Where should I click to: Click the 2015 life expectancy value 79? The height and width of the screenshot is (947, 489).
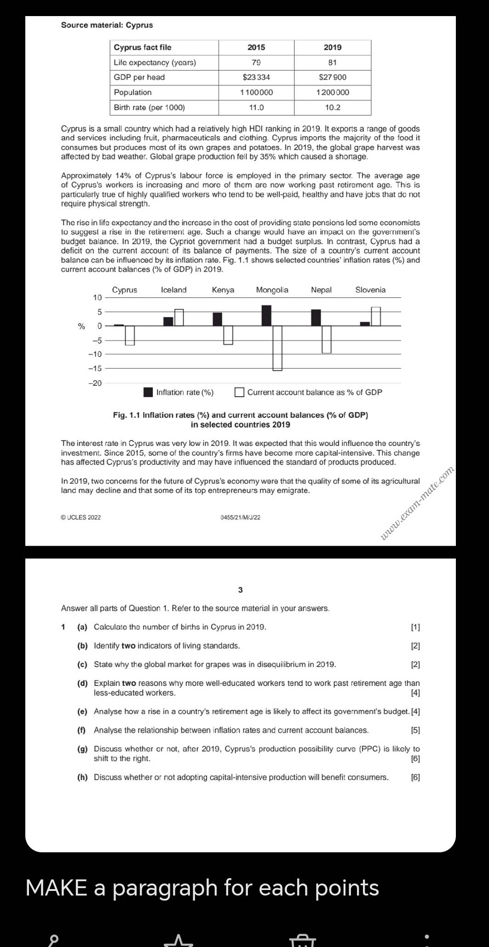256,63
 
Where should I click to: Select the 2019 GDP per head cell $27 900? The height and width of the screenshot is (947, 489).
333,77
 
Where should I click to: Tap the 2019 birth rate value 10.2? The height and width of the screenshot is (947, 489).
333,108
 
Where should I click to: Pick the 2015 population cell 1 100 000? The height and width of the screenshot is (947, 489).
256,92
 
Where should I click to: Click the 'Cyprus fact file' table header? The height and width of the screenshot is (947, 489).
143,47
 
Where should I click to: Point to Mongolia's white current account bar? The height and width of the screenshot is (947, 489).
277,348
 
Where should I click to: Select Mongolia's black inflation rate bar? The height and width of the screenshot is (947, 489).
266,315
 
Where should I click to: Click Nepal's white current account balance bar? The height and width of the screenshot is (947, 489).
327,339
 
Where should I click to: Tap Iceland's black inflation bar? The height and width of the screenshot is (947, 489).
168,321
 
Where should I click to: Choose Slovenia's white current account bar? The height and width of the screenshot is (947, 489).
376,316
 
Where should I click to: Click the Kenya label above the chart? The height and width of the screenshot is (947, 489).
223,290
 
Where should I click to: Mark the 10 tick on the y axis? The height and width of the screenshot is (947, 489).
97,297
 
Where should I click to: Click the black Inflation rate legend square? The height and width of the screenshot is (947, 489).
148,392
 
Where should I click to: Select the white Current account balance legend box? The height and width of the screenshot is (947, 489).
239,392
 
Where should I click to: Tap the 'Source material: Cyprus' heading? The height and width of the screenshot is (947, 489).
107,25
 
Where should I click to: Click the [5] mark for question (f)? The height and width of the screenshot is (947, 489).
415,730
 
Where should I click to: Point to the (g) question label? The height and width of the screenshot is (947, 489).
82,749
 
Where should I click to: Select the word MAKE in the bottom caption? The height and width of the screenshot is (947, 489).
56,888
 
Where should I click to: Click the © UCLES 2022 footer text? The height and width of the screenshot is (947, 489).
81,518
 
